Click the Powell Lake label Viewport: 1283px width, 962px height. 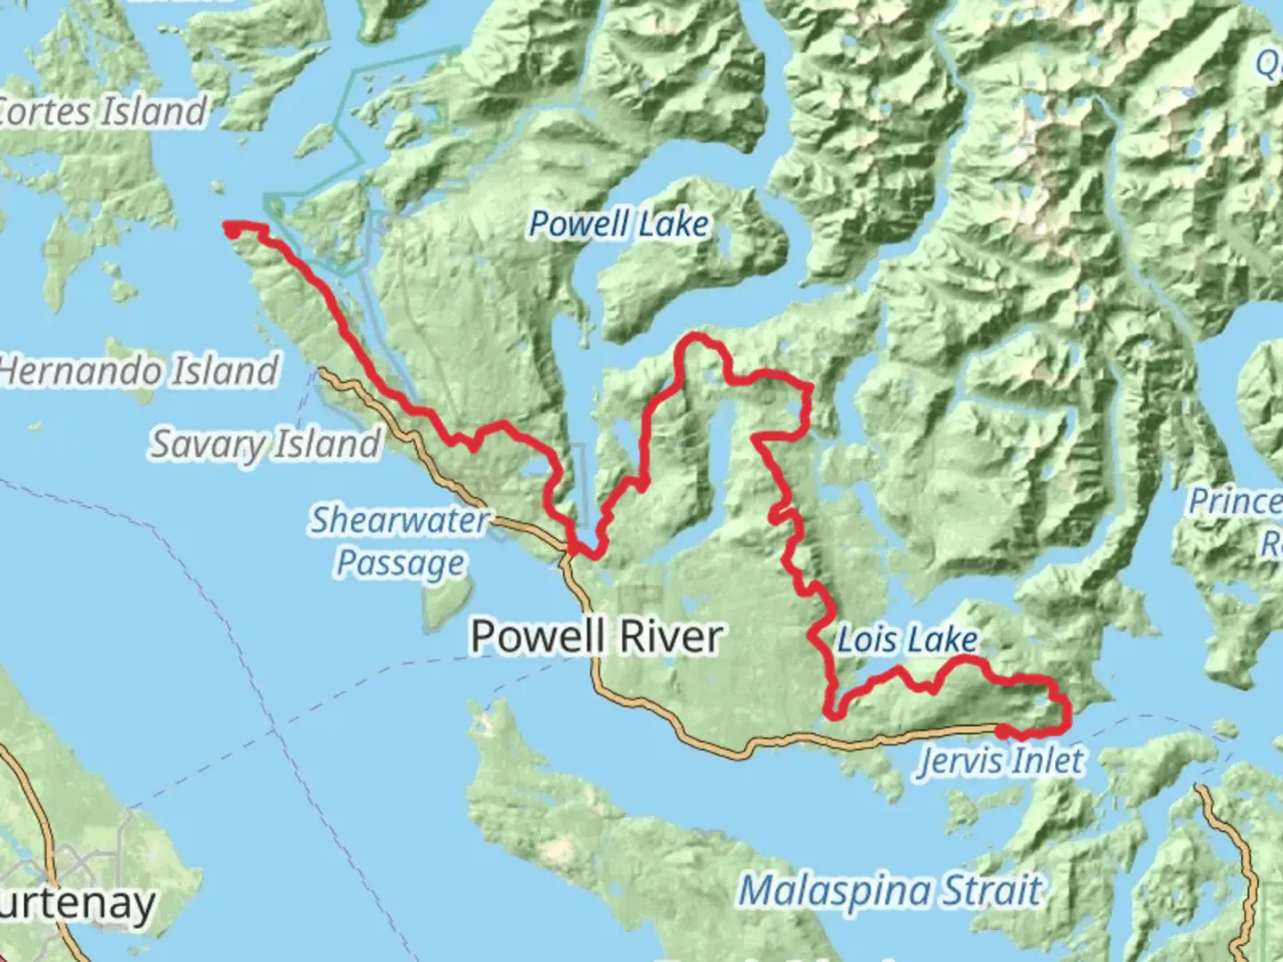[x=619, y=224]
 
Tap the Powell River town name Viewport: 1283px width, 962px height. [x=596, y=637]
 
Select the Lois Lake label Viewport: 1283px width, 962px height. [x=907, y=640]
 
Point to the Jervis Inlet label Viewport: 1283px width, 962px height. [x=1001, y=761]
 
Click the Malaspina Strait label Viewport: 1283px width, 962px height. [x=890, y=891]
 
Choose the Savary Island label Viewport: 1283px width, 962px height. [x=265, y=444]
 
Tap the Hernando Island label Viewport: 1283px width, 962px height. [x=138, y=371]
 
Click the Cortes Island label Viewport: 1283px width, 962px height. [x=102, y=111]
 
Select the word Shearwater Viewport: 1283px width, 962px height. [x=399, y=520]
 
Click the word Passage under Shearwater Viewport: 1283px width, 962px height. [x=400, y=564]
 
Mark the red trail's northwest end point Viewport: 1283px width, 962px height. [x=231, y=230]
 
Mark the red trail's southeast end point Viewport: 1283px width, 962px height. [x=1002, y=731]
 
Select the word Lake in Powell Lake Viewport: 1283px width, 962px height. [x=674, y=224]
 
